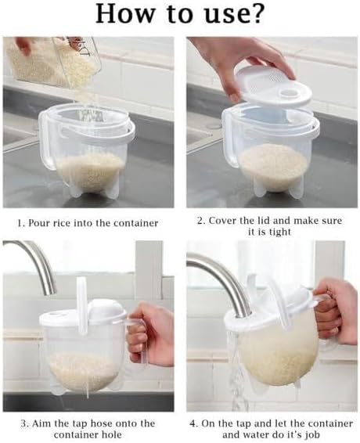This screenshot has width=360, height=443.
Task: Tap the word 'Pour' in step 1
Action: (41, 223)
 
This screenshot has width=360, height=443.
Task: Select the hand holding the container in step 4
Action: (337, 313)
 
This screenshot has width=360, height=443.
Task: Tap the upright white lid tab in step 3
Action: (81, 294)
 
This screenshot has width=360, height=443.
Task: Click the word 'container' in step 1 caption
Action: (133, 223)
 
